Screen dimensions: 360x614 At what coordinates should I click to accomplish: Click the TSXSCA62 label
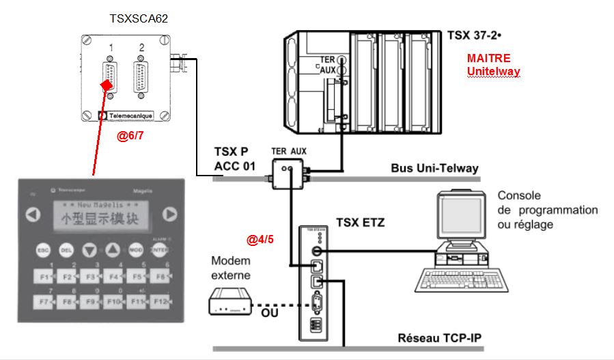point(139,18)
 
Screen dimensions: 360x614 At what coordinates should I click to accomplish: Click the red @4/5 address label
point(260,240)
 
